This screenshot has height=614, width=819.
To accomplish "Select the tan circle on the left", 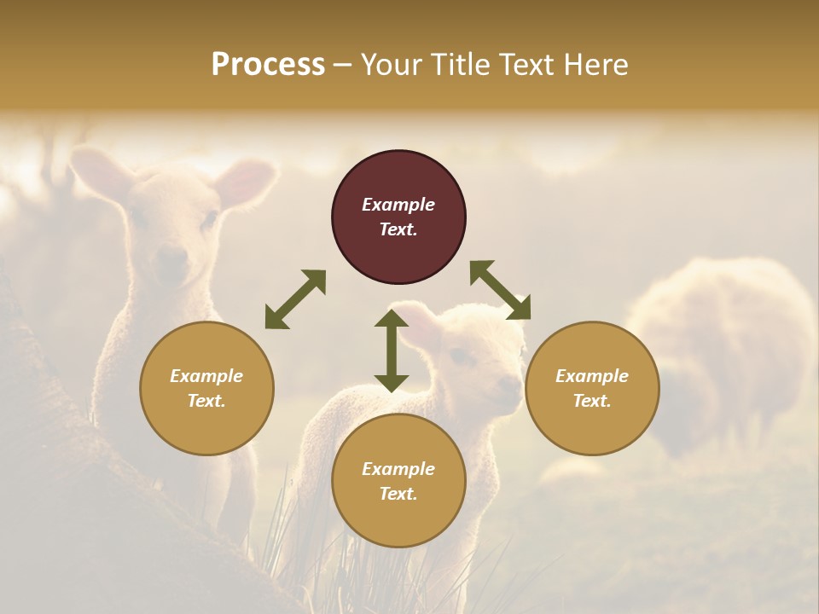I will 206,388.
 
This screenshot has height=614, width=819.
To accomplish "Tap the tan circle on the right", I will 591,388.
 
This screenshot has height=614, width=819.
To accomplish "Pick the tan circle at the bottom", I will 398,481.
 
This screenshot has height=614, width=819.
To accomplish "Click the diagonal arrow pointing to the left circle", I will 295,299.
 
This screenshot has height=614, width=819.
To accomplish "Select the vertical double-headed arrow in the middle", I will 392,350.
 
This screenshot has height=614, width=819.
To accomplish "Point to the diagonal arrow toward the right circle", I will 500,290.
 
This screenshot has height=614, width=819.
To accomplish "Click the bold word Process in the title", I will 268,64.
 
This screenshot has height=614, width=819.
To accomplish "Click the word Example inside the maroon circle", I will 398,205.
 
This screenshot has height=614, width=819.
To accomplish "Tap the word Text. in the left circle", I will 206,401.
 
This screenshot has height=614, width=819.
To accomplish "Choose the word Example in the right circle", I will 591,376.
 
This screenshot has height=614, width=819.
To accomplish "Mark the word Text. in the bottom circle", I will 398,494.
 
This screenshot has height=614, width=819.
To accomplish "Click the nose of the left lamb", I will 171,255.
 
